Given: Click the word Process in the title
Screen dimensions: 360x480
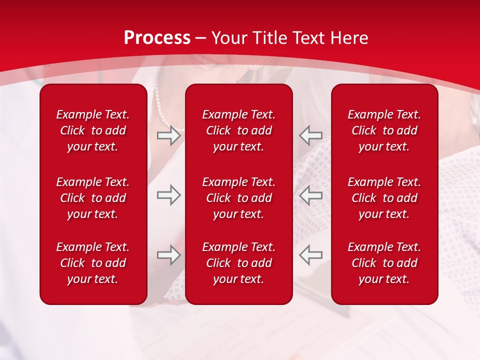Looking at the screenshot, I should point(157,38).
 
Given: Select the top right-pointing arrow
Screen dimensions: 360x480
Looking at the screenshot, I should point(168,135).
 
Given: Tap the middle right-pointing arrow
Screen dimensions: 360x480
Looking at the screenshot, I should point(168,195).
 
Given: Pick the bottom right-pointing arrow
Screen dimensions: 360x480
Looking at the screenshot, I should point(168,255).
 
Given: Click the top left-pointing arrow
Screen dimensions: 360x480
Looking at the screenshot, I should point(310,135).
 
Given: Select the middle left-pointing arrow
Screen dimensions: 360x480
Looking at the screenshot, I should point(310,195).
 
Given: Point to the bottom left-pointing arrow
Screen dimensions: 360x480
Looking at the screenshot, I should point(310,255).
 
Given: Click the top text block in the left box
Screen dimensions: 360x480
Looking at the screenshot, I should point(93,130).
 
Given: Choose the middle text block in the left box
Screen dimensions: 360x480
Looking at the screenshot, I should point(93,198).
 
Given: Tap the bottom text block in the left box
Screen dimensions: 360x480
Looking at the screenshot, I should point(93,263).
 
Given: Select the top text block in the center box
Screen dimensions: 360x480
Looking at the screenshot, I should point(238,130).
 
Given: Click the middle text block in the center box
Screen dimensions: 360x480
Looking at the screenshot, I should point(238,198).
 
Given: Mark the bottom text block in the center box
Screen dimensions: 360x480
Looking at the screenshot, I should point(238,263).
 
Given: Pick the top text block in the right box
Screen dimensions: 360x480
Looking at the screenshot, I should point(384,130).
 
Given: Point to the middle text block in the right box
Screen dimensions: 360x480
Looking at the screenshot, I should point(384,198).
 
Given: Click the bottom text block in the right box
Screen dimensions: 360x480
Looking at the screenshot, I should point(384,263).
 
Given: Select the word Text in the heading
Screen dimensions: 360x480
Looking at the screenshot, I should point(307,38).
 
